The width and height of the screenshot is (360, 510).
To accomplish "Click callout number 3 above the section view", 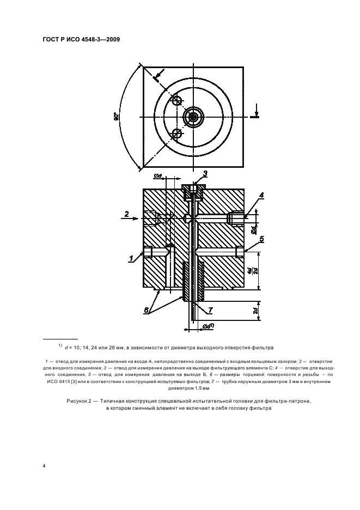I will [x=206, y=174].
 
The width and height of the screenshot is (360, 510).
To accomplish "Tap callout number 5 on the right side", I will [x=261, y=239].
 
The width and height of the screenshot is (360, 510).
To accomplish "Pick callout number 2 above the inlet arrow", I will [x=126, y=214].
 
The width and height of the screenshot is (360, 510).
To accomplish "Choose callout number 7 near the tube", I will [x=210, y=310].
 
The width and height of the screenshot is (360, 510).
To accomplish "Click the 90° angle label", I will [x=116, y=116].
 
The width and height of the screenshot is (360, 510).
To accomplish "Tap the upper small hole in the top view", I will [x=175, y=100].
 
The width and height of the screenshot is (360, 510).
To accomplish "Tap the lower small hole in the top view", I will [x=175, y=133].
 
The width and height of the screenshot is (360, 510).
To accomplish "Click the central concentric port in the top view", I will [x=192, y=116].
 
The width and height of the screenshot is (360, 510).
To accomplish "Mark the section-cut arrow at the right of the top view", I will [x=255, y=113].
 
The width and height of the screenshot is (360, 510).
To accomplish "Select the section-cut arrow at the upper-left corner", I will [x=157, y=76].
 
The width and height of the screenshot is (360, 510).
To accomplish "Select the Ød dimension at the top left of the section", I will [x=158, y=176].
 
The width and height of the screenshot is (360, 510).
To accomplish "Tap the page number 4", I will [x=44, y=466].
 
